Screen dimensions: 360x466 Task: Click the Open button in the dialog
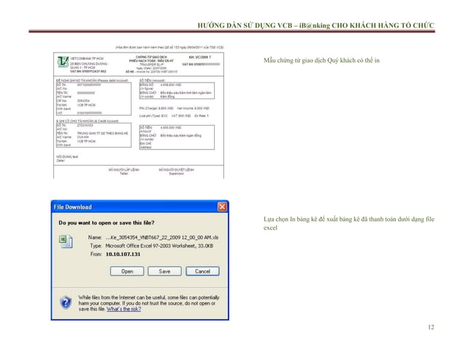pyautogui.click(x=127, y=271)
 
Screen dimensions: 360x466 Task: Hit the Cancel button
pyautogui.click(x=202, y=271)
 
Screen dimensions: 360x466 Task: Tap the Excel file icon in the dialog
pyautogui.click(x=64, y=240)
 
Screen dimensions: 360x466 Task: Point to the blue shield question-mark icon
pyautogui.click(x=66, y=301)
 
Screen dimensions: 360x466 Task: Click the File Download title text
pyautogui.click(x=76, y=207)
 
